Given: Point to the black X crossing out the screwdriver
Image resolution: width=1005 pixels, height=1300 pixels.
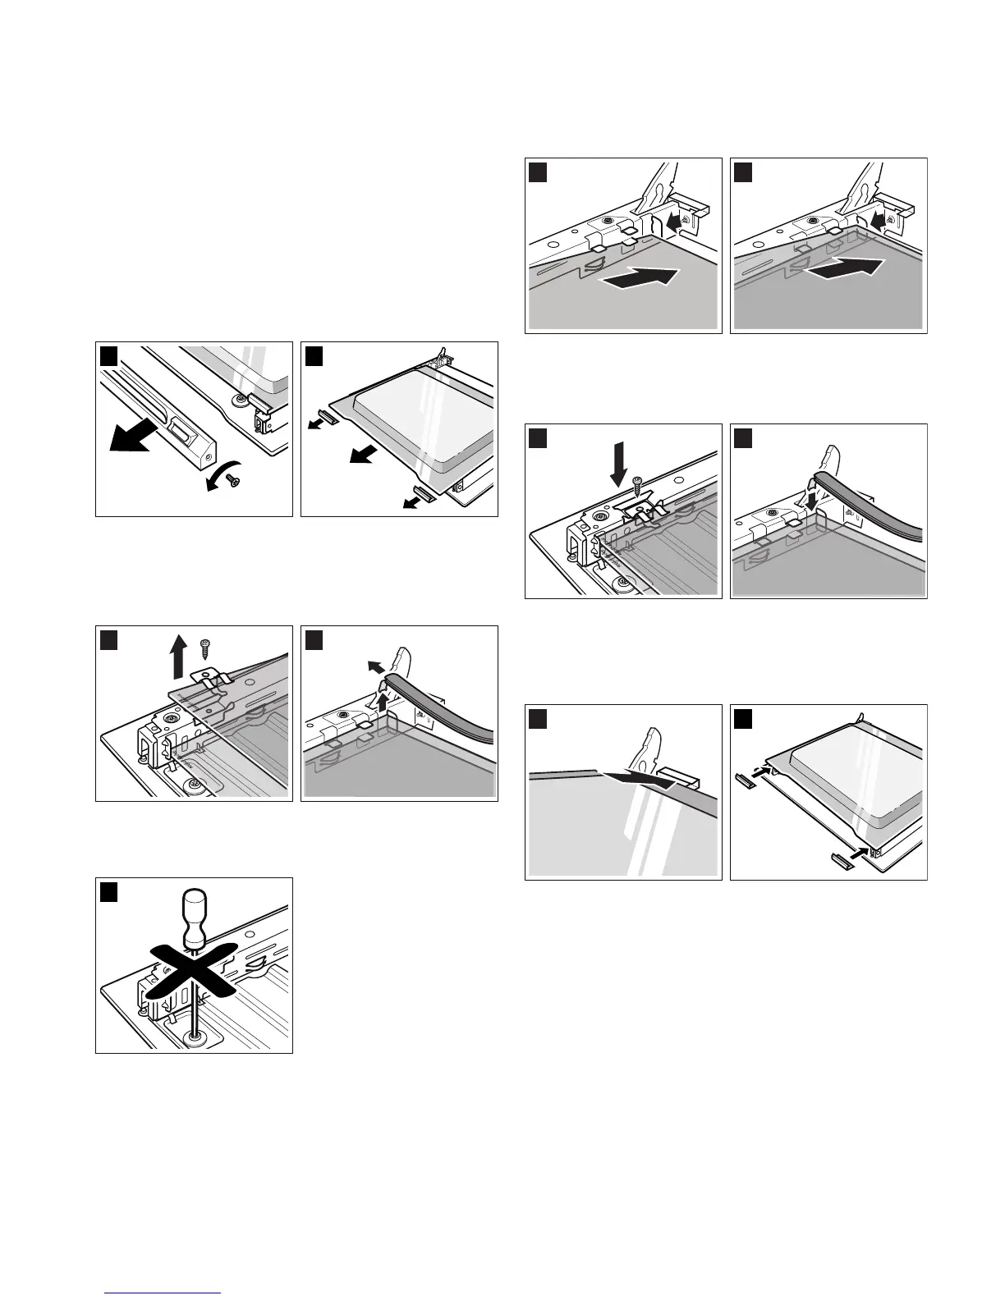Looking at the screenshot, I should point(195,968).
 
